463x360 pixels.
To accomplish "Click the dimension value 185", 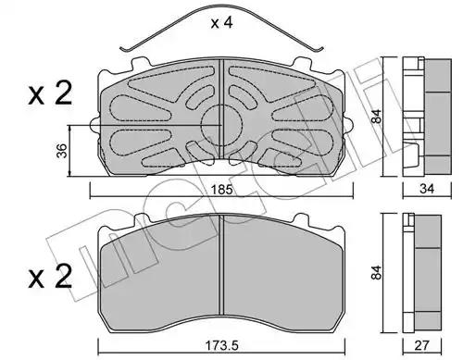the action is point(222,190).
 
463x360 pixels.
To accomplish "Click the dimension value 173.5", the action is point(222,345).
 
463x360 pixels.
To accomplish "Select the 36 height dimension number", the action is point(62,151).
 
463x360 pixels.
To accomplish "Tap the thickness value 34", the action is point(427,189).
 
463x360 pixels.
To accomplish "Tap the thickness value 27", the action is point(422,345).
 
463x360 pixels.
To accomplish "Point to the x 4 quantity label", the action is point(221,23).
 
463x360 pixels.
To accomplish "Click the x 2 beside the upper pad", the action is point(50,93).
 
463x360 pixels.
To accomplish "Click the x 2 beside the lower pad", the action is point(50,277).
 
